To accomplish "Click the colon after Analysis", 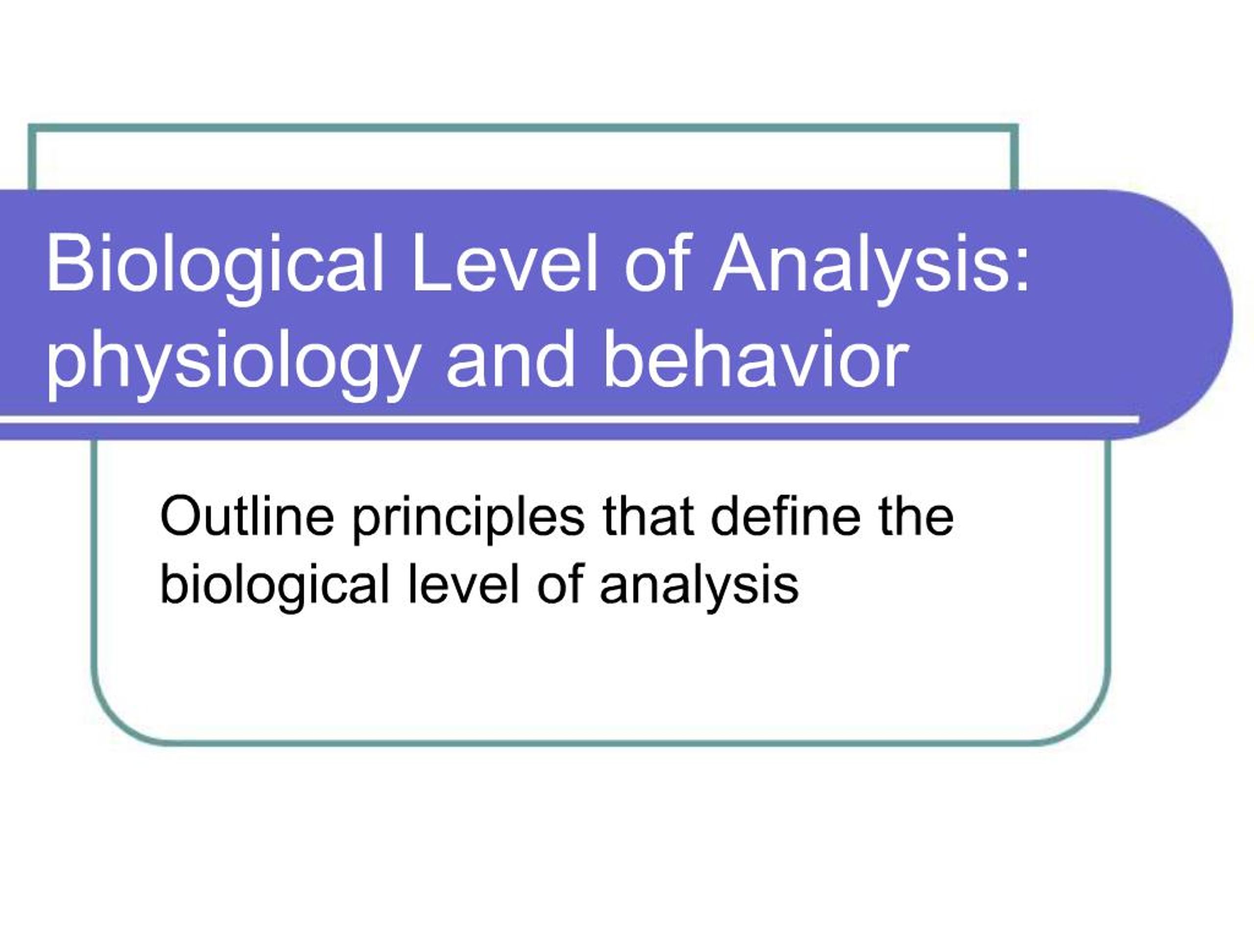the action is point(1020,271).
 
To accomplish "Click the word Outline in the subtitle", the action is point(247,516).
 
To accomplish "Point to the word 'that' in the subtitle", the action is point(648,516).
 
